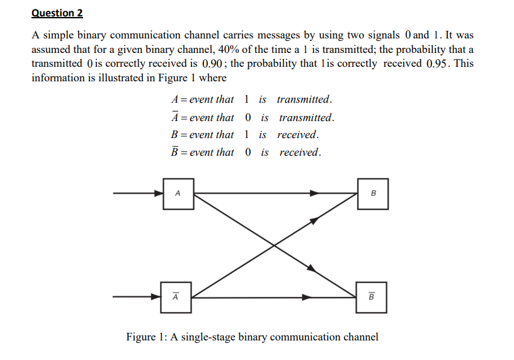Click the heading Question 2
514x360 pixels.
pos(57,13)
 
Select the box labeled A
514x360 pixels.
pos(178,194)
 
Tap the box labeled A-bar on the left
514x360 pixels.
pos(176,297)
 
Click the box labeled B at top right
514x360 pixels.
pos(373,194)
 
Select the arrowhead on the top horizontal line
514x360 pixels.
pos(312,194)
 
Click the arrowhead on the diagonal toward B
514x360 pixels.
pos(312,220)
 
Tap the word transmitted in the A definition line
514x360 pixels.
pos(304,100)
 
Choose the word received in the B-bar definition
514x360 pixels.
pos(300,153)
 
